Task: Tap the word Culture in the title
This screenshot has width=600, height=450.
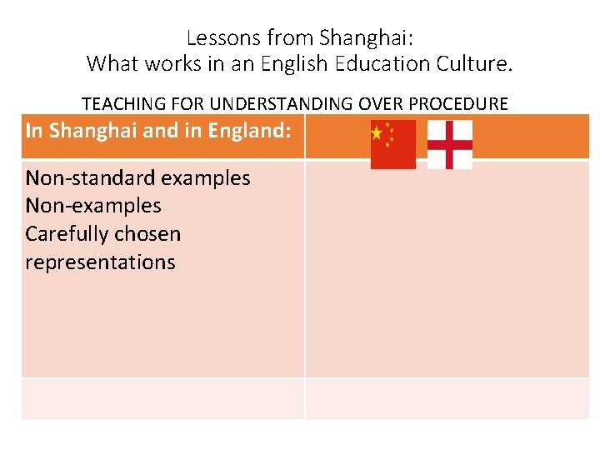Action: pos(474,62)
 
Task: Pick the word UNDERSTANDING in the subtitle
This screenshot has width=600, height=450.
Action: pos(282,104)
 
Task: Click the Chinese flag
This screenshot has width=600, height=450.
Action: pos(392,144)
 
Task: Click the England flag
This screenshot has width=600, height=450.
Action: pos(450,144)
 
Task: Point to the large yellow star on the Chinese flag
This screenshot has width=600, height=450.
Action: pos(377,132)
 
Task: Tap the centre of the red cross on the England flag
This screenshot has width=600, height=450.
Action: pos(450,144)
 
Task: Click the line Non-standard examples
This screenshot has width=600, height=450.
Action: pos(137,177)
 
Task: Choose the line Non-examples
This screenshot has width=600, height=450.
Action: pos(93,206)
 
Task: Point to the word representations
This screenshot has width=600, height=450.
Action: pos(100,262)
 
